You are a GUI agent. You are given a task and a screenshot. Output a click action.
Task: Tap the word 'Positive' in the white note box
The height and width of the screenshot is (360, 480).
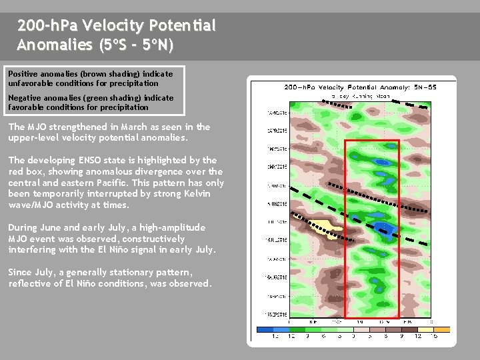click(21, 74)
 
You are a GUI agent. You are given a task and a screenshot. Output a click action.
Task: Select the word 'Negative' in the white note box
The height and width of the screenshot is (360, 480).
click(24, 98)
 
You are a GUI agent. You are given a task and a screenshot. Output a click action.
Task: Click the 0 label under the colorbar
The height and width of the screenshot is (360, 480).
click(353, 336)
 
